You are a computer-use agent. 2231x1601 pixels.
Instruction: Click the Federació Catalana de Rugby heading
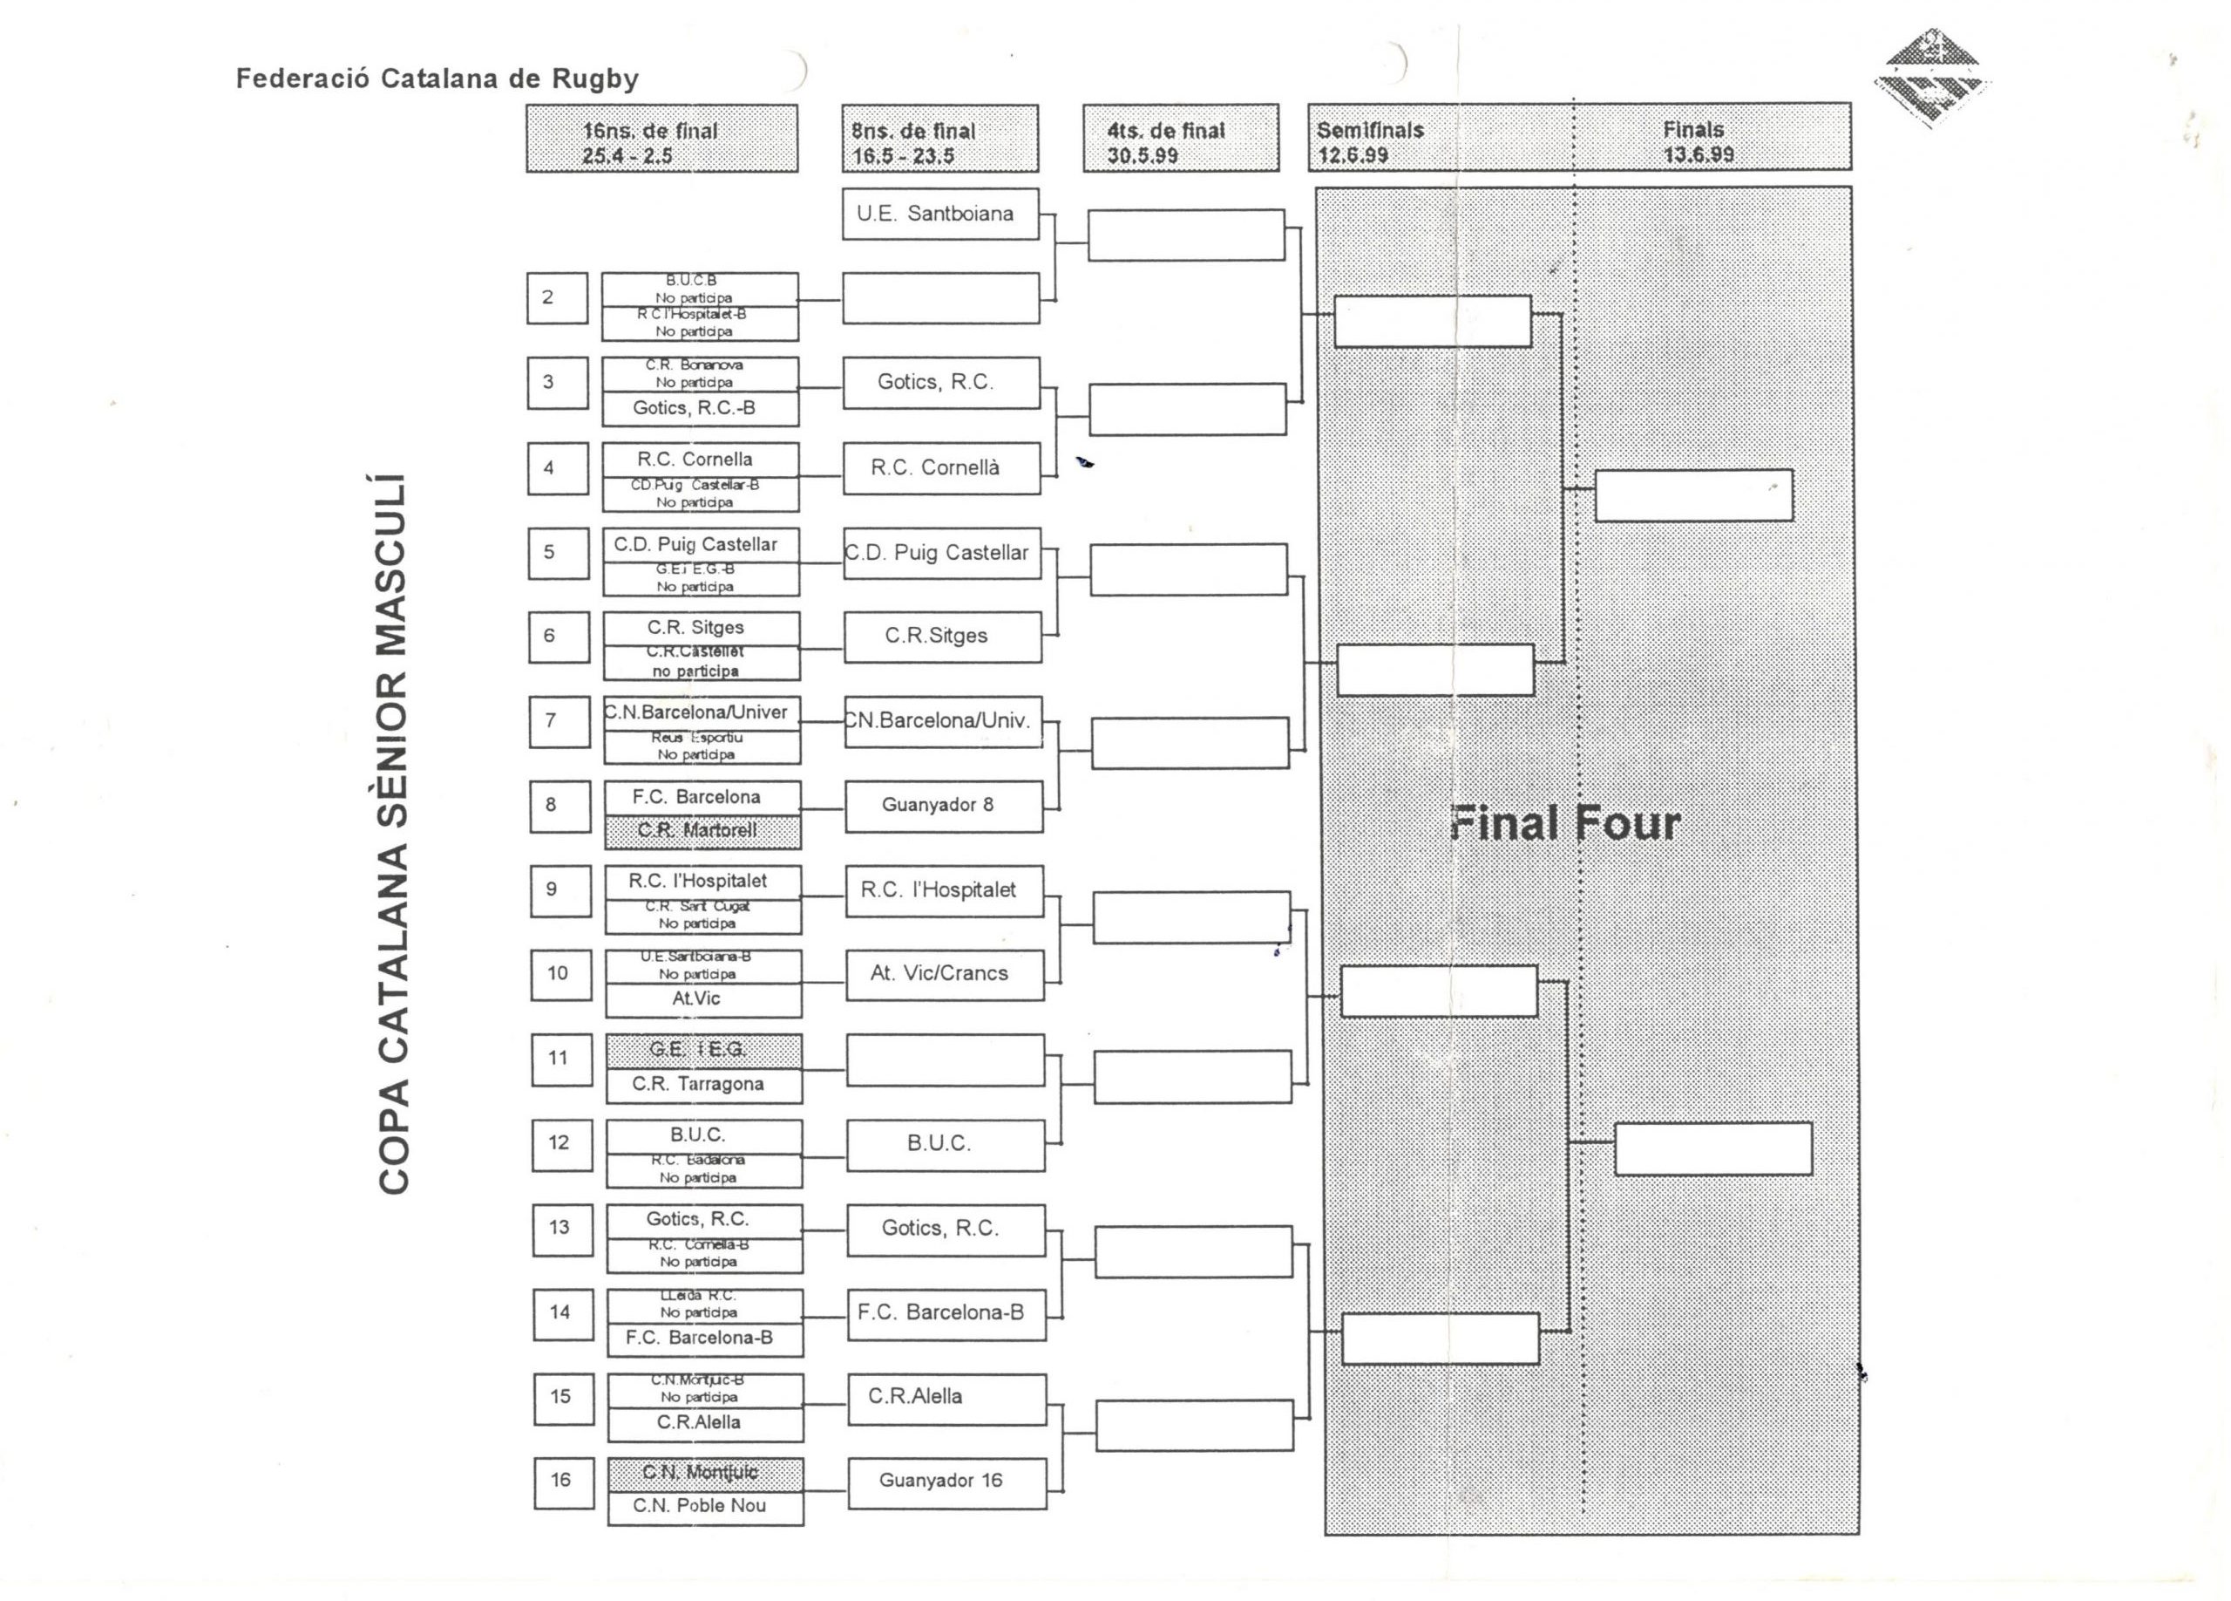(437, 78)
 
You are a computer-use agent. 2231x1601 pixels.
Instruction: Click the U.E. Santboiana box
(939, 214)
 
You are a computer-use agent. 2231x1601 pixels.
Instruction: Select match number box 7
(559, 721)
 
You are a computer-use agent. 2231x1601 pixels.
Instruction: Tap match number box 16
(564, 1481)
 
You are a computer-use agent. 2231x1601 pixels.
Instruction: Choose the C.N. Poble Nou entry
(704, 1507)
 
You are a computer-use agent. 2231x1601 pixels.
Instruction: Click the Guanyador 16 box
(946, 1481)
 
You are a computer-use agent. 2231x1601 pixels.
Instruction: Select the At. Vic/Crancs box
(943, 974)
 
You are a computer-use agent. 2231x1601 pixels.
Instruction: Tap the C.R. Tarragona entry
(702, 1085)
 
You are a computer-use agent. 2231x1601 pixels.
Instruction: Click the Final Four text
(1564, 824)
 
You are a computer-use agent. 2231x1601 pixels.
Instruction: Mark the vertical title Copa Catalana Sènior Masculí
(392, 835)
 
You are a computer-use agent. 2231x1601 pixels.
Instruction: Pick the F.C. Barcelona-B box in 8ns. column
(946, 1312)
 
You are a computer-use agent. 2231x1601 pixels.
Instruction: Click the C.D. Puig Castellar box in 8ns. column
(940, 553)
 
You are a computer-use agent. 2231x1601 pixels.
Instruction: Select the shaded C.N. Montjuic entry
(704, 1473)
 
